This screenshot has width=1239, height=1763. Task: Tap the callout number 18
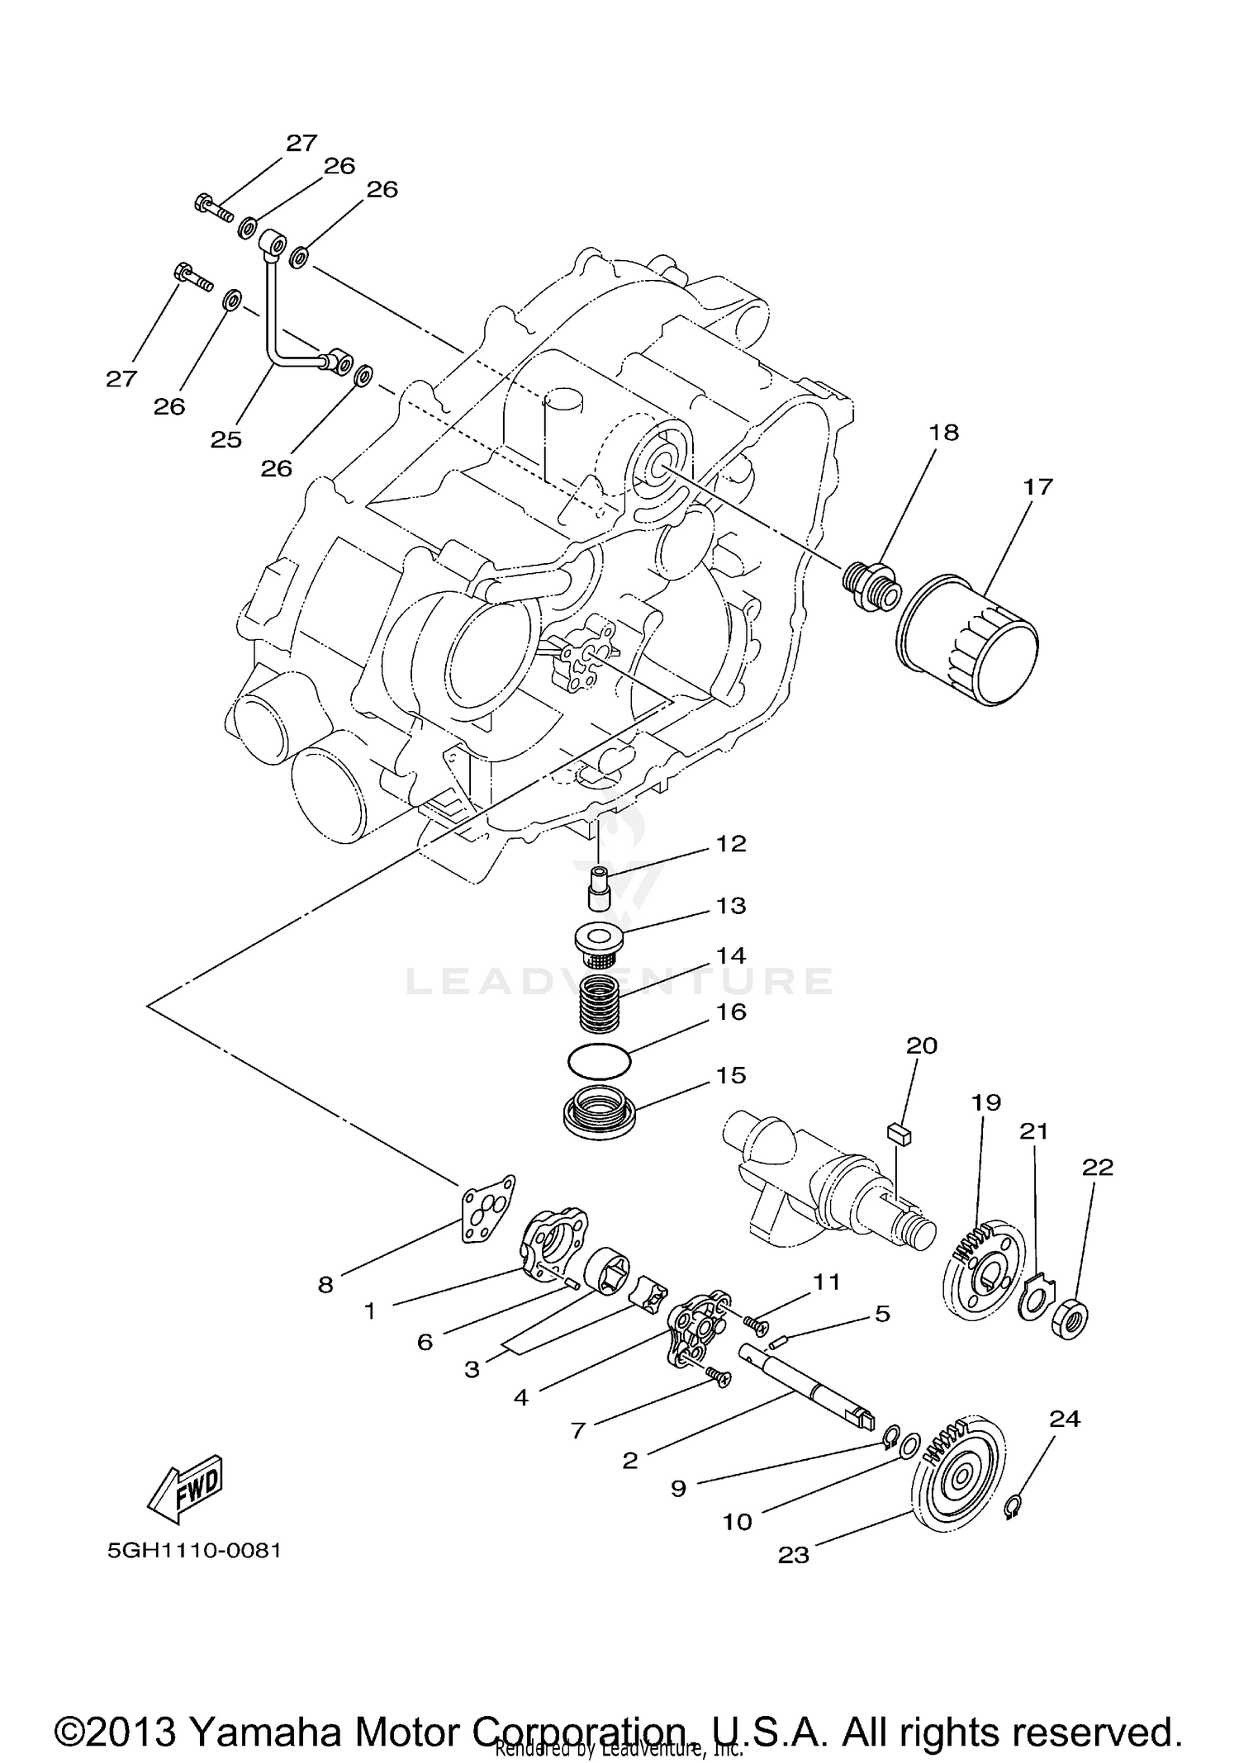(944, 432)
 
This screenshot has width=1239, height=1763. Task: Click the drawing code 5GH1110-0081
(194, 1551)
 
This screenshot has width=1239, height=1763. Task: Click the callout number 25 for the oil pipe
(225, 439)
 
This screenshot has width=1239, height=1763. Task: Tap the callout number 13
(731, 906)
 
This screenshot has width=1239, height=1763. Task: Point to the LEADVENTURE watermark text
(619, 981)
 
